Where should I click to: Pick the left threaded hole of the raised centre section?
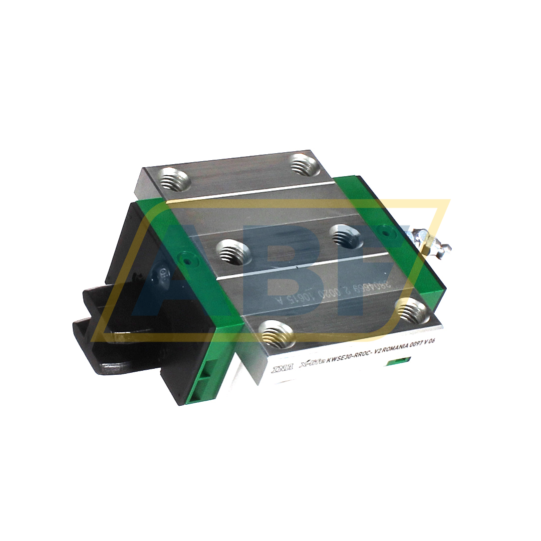click(x=233, y=252)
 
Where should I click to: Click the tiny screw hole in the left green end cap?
click(x=186, y=260)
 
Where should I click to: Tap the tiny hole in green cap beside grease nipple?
click(x=384, y=231)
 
